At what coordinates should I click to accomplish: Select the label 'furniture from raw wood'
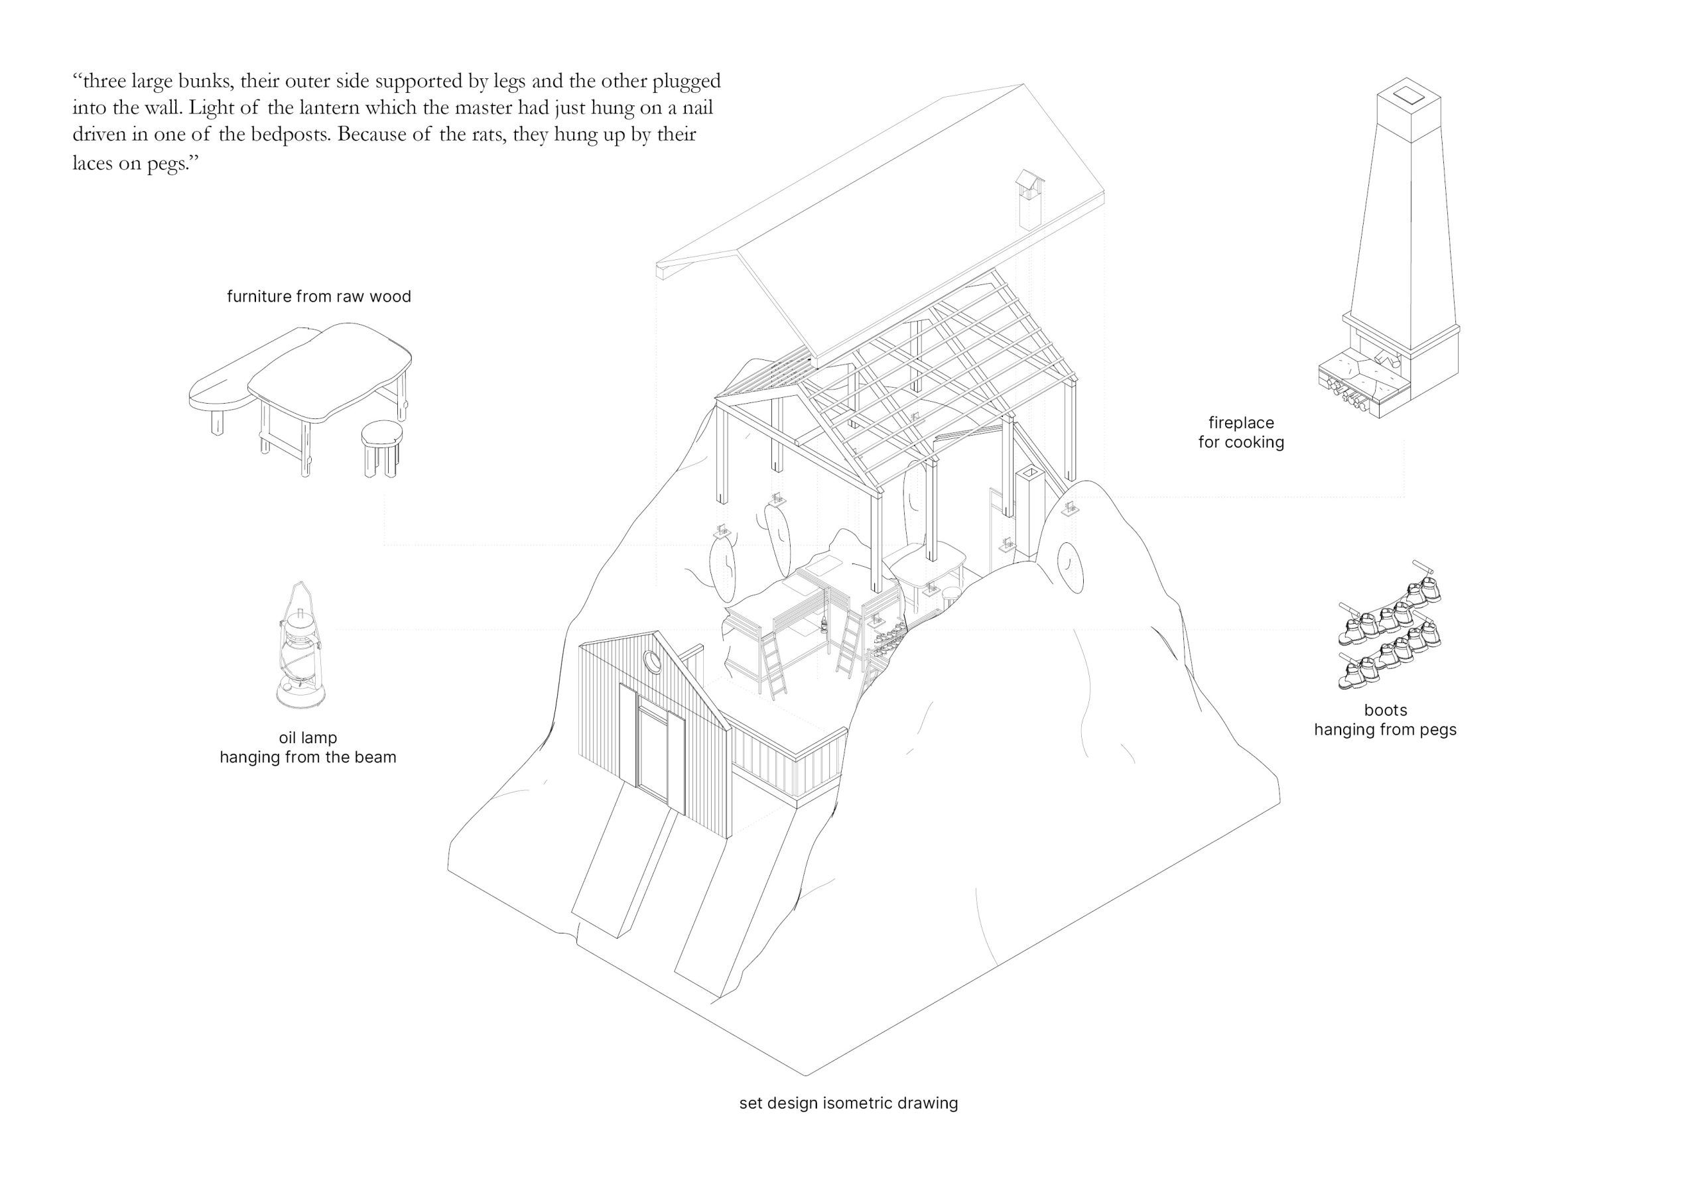tap(319, 296)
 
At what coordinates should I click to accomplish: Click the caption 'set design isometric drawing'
tap(848, 1124)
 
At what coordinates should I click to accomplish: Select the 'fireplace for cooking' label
tap(1241, 432)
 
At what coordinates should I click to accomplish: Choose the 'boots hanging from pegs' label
tap(1385, 720)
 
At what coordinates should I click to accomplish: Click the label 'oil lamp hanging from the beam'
tap(308, 747)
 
